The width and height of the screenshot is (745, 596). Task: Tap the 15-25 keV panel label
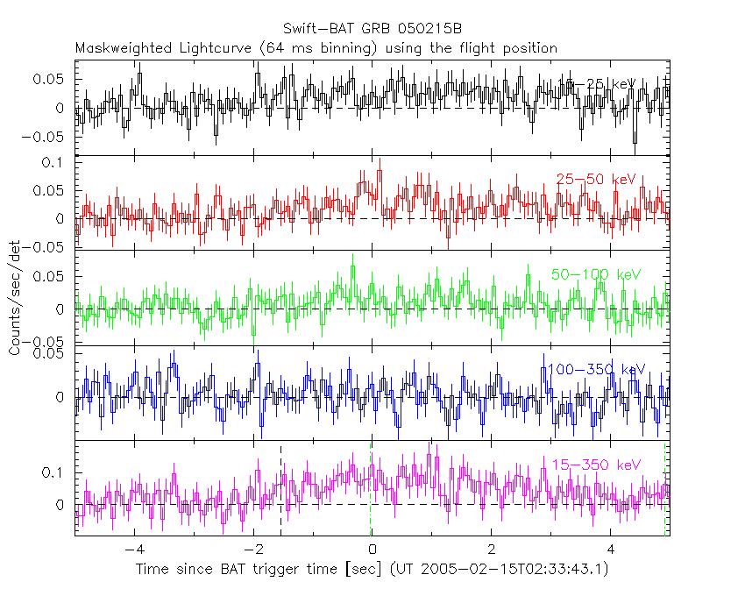click(x=597, y=84)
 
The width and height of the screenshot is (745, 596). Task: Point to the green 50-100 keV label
click(x=596, y=274)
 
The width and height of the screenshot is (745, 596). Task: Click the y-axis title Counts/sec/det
click(x=15, y=298)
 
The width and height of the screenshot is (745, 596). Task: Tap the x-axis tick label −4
click(x=134, y=550)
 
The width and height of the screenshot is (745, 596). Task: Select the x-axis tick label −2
click(x=253, y=550)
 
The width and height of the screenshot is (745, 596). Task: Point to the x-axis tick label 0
click(x=372, y=550)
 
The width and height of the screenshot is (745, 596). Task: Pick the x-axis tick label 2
click(x=492, y=550)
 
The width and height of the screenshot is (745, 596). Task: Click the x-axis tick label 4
click(x=611, y=550)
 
